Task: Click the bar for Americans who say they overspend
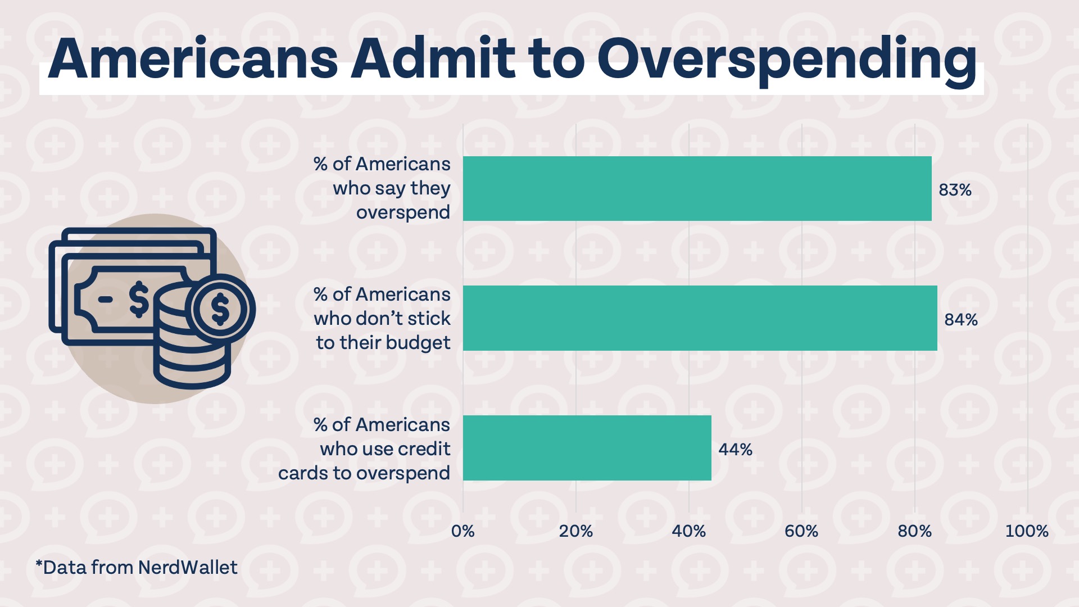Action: (697, 188)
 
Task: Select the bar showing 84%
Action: (700, 318)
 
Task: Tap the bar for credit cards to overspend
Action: (587, 448)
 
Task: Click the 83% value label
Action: (955, 190)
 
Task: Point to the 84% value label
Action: (960, 320)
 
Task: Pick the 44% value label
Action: (735, 450)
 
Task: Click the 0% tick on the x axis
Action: (463, 531)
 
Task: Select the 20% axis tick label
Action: (575, 531)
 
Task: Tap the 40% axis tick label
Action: (688, 531)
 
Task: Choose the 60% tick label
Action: (801, 531)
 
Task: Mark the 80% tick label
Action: (914, 531)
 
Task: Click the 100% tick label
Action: (1026, 531)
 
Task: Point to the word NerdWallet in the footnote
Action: (188, 568)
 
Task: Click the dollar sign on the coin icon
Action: (220, 309)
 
